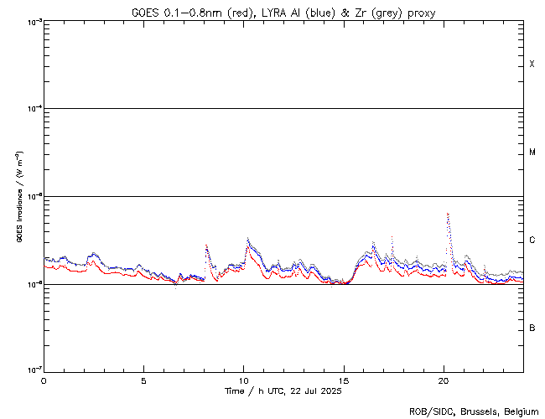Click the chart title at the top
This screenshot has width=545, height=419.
tap(283, 13)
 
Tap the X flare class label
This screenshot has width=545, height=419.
tap(532, 65)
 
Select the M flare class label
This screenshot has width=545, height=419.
tap(532, 153)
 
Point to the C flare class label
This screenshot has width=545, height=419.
tap(532, 241)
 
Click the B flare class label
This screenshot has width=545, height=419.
tap(532, 328)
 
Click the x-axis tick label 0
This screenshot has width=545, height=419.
tap(44, 380)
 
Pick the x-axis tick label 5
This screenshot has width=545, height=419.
tap(143, 380)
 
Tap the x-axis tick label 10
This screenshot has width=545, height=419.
tap(243, 380)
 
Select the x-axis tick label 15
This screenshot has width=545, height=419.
tap(343, 380)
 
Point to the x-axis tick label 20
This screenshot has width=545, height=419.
tap(443, 380)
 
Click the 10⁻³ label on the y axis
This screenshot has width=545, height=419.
tap(31, 22)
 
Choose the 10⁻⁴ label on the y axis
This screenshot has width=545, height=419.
tap(31, 109)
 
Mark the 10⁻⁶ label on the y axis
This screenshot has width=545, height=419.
tap(31, 284)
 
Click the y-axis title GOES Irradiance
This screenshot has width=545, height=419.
tap(18, 197)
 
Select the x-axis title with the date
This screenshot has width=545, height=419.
tap(283, 391)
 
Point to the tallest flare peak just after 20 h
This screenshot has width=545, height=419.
tap(448, 215)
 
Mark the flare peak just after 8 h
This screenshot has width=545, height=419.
tap(206, 246)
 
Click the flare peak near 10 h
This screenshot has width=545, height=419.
tap(247, 240)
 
